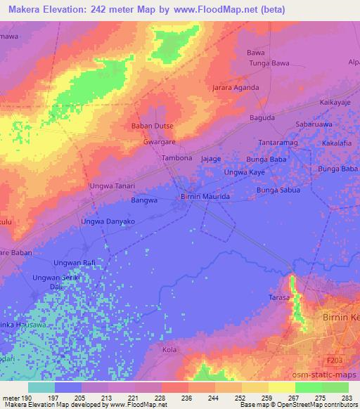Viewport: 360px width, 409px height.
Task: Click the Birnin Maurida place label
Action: (206, 197)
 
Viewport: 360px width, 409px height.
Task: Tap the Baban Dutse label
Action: (153, 126)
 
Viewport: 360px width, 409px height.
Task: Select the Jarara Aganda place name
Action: (236, 88)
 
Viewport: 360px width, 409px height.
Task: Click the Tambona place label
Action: (177, 159)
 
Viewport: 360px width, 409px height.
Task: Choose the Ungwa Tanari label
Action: (111, 186)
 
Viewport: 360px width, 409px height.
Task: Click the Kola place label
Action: (169, 349)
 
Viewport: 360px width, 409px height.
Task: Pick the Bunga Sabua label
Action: (278, 190)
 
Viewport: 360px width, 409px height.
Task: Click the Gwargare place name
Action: (160, 141)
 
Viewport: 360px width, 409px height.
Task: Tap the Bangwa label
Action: (143, 200)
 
